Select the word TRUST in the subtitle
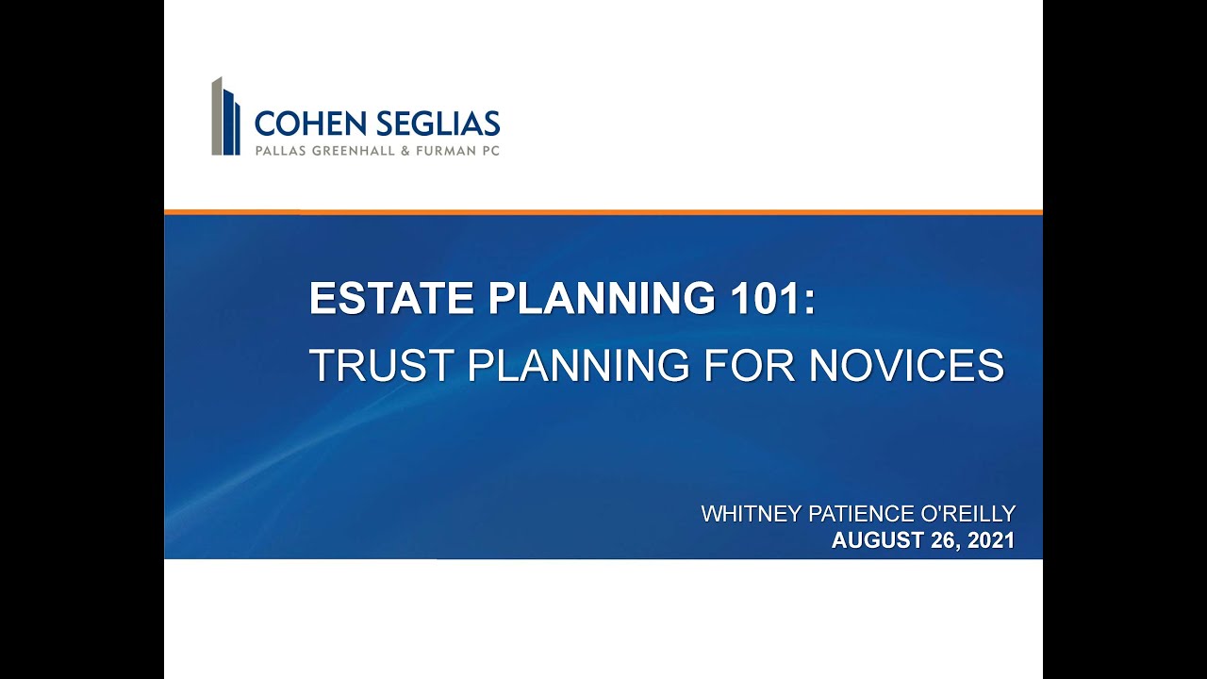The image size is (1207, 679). pyautogui.click(x=380, y=365)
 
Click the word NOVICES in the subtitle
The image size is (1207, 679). pyautogui.click(x=906, y=365)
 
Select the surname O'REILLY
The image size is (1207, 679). pyautogui.click(x=969, y=514)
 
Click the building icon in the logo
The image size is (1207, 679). pyautogui.click(x=225, y=117)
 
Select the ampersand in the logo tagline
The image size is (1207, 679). pyautogui.click(x=406, y=150)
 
